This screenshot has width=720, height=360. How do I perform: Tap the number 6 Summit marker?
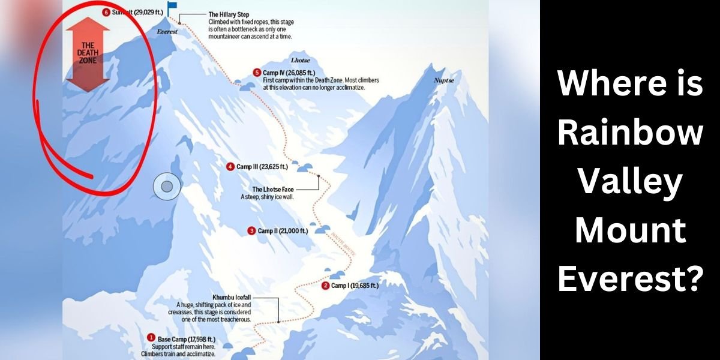(x=106, y=12)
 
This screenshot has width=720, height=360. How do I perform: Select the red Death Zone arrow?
(x=88, y=53)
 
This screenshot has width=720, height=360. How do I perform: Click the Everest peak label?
(x=167, y=32)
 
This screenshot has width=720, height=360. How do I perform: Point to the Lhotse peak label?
(x=300, y=61)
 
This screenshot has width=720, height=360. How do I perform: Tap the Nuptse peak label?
(x=445, y=79)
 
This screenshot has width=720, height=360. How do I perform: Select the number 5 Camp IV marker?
(x=257, y=73)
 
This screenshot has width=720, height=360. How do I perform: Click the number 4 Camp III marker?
(x=230, y=167)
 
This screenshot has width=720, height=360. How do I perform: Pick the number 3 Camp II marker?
(x=251, y=230)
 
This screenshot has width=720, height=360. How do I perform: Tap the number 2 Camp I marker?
(x=325, y=286)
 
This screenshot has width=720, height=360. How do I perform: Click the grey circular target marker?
(x=167, y=187)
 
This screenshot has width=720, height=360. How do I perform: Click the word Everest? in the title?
(x=630, y=278)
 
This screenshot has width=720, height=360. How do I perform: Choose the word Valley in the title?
(x=630, y=181)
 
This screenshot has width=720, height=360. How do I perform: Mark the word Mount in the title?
(x=630, y=230)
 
